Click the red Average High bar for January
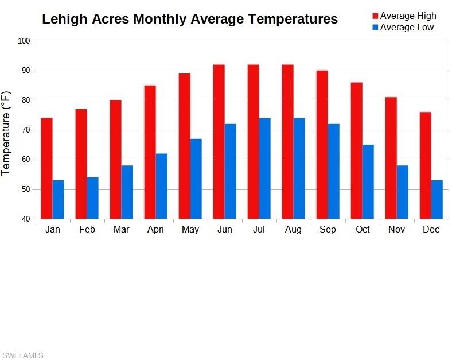tap(46, 168)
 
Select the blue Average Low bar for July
tap(264, 168)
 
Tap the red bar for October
tap(356, 150)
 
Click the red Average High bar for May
tap(184, 146)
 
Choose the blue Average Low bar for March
tap(127, 192)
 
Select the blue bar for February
tap(92, 198)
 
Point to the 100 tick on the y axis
tap(24, 41)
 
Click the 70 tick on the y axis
tap(25, 130)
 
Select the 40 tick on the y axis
tap(25, 219)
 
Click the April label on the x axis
tap(155, 230)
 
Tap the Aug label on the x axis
tap(293, 230)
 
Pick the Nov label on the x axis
tap(396, 230)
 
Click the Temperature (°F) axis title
tap(6, 133)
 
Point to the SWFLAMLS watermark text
tap(22, 355)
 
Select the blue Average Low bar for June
tap(230, 171)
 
